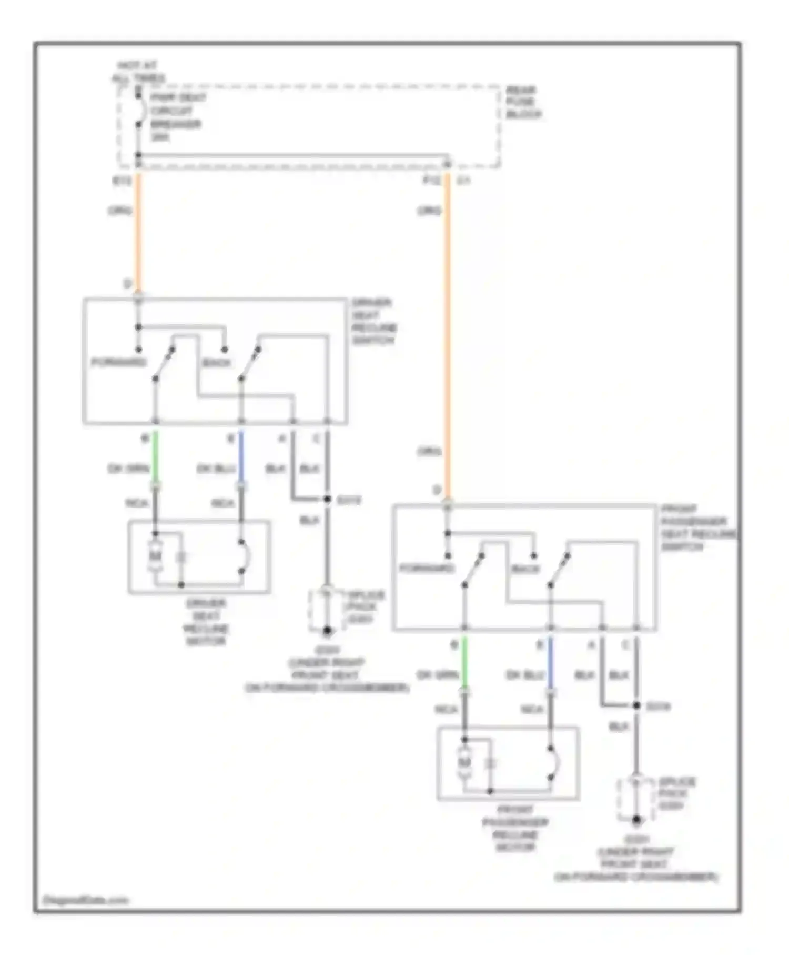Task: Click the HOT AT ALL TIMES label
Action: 137,72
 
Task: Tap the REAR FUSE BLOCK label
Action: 523,102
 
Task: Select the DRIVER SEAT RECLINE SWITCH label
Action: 374,321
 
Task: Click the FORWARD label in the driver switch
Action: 118,362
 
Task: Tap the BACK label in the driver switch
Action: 216,363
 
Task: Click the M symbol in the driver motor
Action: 155,556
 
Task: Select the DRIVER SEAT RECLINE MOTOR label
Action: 206,622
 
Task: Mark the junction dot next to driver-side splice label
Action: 327,499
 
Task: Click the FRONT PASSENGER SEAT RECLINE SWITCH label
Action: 697,528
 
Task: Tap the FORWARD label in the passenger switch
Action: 427,569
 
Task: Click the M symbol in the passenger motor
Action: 464,762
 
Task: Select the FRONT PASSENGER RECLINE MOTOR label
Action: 515,828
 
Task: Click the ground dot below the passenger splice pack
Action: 636,820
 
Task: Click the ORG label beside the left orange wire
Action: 120,211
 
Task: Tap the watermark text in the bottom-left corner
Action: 85,900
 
